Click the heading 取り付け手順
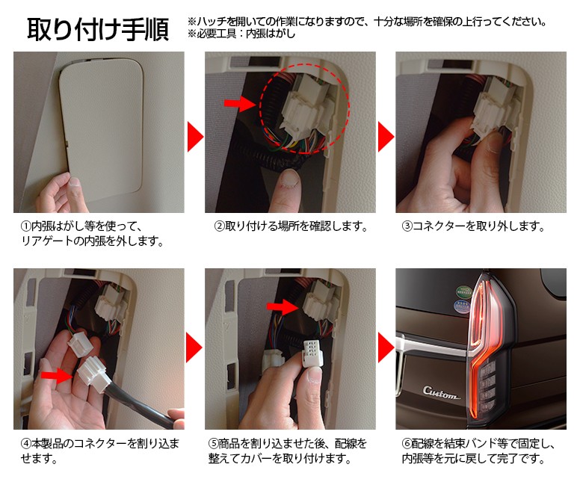coord(98,29)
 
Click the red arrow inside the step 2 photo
coord(239,102)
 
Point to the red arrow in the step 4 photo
coord(57,375)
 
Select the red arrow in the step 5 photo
coord(283,306)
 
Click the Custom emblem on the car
coord(440,392)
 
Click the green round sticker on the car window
coord(464,291)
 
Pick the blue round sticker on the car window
coord(462,306)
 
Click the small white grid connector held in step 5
coord(312,353)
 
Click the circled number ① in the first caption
coord(25,226)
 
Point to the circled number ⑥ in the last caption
coord(407,443)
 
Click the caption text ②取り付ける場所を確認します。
coord(291,226)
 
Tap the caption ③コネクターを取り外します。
coord(473,226)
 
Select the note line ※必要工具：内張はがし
coord(241,34)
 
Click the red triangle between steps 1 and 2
coord(195,137)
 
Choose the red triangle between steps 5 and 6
coord(386,347)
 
